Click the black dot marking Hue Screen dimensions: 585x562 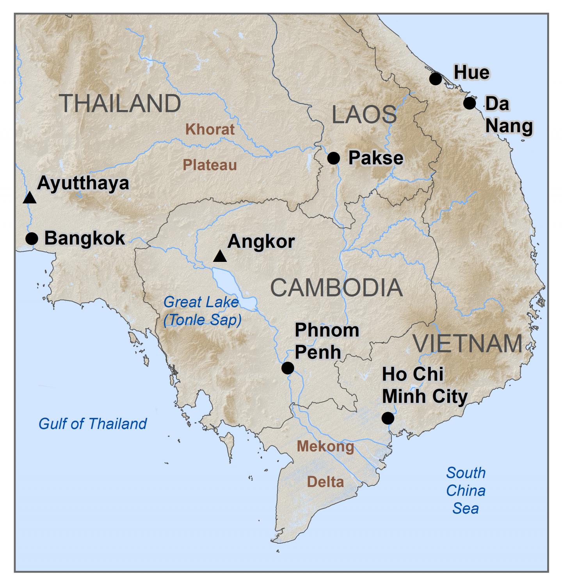point(435,79)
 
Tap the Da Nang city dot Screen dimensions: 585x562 point(470,103)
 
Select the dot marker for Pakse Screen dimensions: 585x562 point(333,158)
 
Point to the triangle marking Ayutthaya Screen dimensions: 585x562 point(30,198)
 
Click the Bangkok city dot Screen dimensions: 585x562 point(32,238)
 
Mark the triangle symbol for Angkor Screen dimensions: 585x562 point(220,256)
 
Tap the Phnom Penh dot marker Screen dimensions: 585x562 point(288,368)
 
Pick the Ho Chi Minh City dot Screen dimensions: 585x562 point(388,418)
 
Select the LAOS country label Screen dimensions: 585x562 point(364,115)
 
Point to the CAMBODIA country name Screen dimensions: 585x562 point(336,288)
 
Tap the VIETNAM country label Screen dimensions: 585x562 point(468,343)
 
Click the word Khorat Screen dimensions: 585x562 point(210,129)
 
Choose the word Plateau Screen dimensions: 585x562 point(210,165)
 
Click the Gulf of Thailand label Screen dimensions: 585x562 point(92,424)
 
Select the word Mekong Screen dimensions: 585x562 point(325,446)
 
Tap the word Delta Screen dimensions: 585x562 point(325,482)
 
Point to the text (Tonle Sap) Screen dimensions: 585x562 point(203,320)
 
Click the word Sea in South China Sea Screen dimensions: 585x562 point(466,509)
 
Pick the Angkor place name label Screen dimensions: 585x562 point(261,242)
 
